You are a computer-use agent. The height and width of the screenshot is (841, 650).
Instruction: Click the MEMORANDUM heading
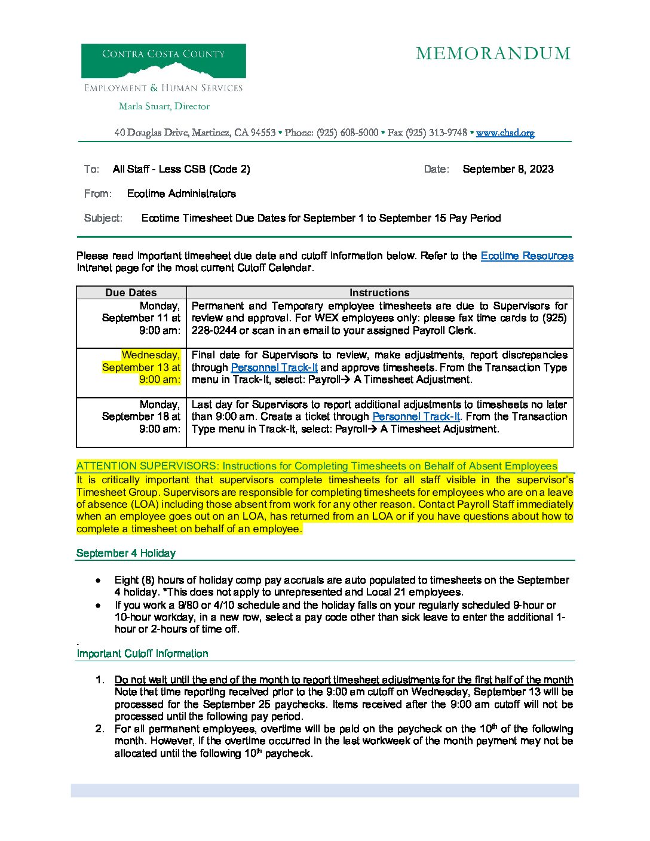493,54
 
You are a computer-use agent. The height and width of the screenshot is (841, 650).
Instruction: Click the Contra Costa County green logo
163,61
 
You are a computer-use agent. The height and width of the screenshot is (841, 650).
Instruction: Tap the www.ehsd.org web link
505,133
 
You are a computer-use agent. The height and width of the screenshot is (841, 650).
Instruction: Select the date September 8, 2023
508,169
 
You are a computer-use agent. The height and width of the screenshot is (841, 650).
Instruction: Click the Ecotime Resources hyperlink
526,256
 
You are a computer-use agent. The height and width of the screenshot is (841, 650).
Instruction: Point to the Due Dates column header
131,293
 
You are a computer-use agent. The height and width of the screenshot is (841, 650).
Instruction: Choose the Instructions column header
379,293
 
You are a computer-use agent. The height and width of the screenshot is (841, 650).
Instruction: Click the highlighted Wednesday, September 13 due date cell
141,367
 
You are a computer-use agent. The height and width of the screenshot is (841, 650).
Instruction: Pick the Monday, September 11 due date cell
141,318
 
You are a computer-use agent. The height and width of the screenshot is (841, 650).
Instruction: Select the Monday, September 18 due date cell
141,416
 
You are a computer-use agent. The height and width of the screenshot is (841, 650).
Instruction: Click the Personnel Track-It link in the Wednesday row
274,367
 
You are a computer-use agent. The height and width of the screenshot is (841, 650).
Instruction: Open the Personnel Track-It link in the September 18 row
416,416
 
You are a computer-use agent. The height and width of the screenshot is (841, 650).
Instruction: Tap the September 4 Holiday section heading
126,553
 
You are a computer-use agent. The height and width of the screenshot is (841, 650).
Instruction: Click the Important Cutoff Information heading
142,653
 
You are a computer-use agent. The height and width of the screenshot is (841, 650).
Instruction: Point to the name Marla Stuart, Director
164,106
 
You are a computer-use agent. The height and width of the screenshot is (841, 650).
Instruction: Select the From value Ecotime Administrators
181,194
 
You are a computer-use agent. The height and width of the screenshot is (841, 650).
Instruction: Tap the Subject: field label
103,218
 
